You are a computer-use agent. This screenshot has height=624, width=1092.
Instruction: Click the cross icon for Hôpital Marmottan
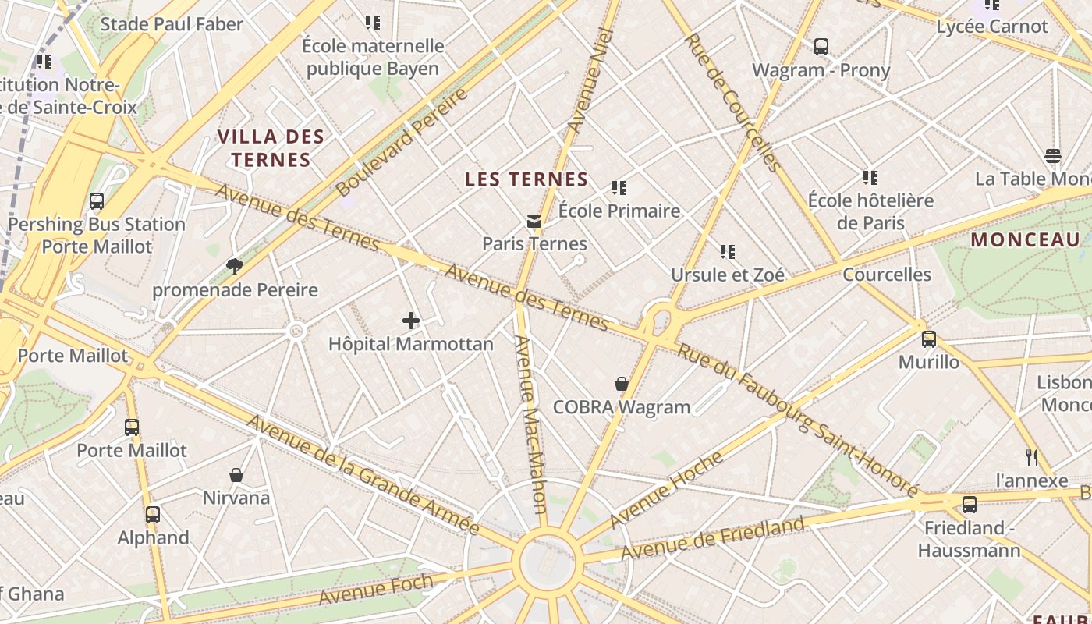411,321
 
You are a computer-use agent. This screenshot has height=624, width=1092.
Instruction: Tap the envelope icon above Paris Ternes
534,222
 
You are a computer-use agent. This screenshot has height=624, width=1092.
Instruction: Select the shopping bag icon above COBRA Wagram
622,384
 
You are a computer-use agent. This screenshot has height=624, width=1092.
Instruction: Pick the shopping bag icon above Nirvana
236,475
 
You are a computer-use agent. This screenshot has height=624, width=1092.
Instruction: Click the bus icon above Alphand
153,515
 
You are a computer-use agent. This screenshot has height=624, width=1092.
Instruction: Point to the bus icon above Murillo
928,339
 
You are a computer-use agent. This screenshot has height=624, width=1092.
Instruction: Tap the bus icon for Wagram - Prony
821,47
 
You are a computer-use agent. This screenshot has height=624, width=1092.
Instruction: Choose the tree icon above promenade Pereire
234,268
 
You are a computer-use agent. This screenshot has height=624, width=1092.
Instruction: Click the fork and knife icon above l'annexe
1032,457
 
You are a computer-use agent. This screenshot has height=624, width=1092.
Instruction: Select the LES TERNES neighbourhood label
526,179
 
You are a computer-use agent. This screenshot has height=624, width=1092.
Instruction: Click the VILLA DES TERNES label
271,148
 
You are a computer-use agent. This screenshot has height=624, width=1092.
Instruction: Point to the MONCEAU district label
1025,240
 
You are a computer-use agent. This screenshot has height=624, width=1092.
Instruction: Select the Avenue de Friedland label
711,539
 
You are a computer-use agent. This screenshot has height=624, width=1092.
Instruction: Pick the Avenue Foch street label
376,589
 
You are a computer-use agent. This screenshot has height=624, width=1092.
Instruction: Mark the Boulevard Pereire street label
402,143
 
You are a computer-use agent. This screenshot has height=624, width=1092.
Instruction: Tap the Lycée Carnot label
992,27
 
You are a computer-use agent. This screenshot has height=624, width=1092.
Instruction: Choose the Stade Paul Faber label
172,24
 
